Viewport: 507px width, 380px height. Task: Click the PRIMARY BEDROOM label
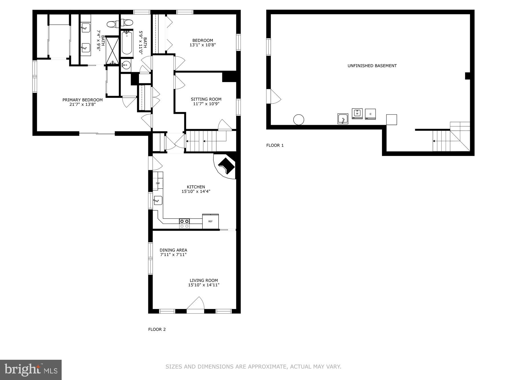82,100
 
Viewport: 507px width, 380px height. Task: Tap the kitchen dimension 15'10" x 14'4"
196,192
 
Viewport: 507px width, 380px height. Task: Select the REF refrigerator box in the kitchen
211,221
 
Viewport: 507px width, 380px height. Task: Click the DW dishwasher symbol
158,183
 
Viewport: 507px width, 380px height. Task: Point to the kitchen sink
158,200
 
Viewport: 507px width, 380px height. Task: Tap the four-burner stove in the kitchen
184,223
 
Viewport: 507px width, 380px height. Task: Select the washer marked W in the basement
357,113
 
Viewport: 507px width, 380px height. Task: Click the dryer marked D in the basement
370,114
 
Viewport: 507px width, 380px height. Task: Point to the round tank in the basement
299,120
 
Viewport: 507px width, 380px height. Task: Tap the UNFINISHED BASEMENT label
372,66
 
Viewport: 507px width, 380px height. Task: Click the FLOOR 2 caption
157,329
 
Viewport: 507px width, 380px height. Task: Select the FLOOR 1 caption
275,145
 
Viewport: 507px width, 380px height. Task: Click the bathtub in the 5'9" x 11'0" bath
127,43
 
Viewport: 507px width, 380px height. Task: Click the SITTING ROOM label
206,99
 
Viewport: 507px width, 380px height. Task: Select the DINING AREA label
173,250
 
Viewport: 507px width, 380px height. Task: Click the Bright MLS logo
31,370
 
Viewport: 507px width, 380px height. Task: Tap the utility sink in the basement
343,119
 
